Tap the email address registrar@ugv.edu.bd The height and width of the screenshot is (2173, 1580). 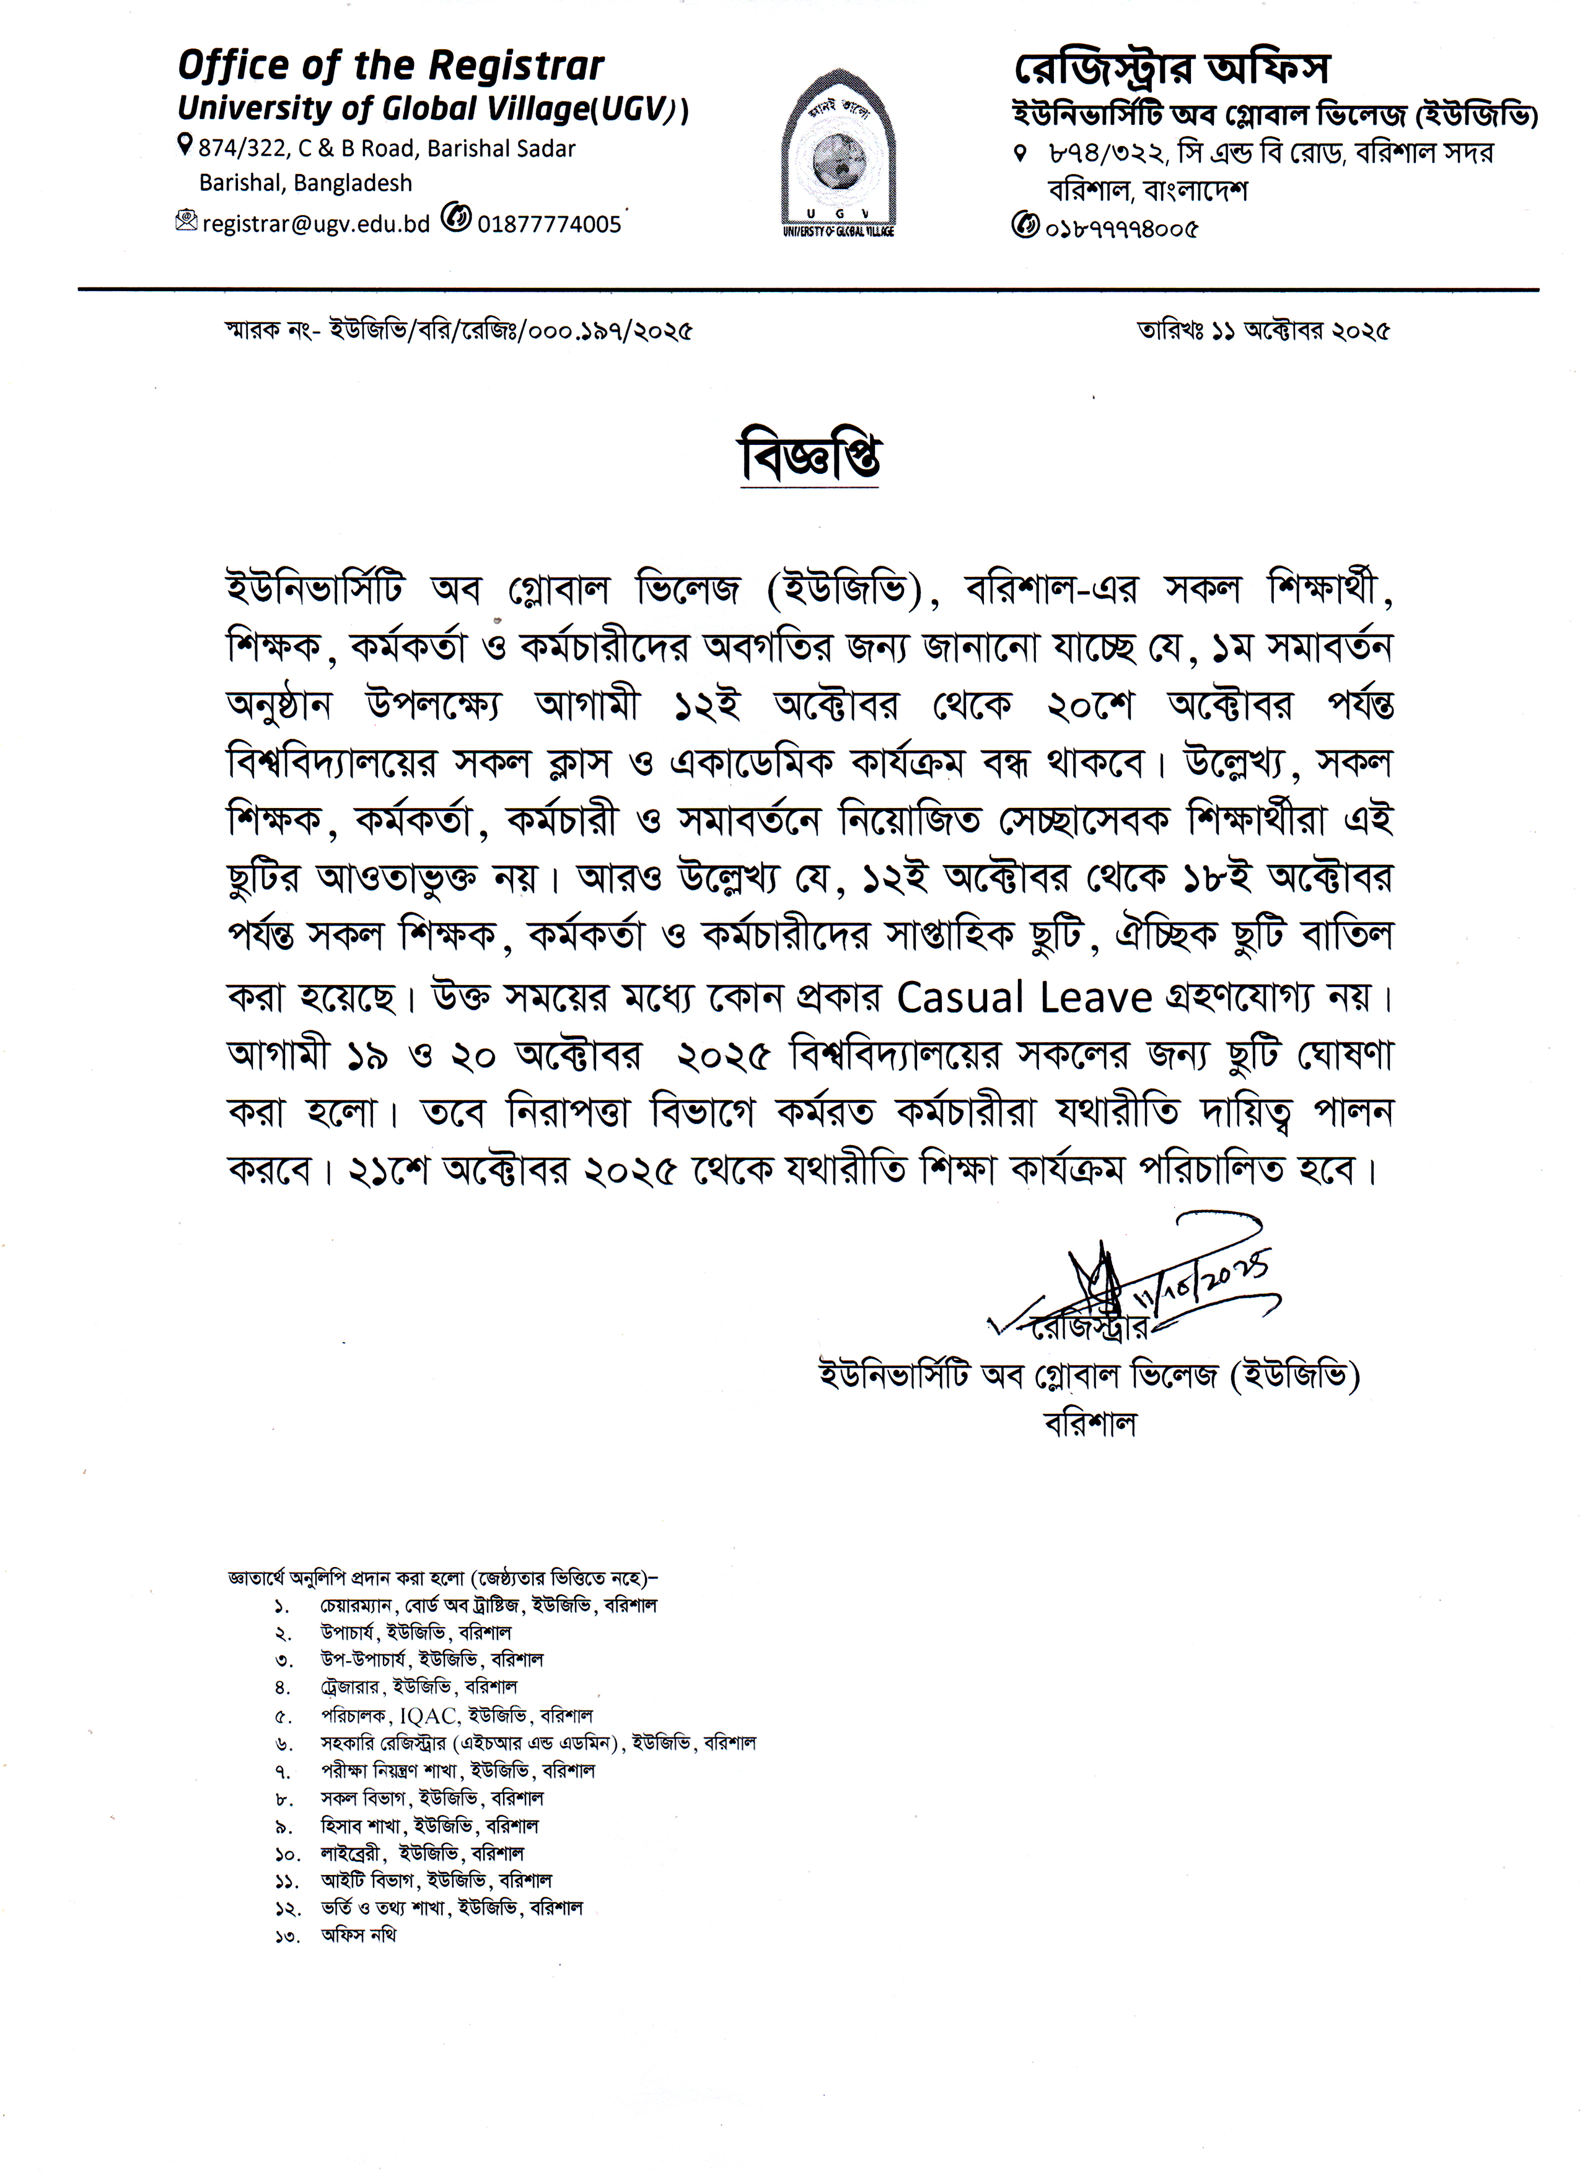pyautogui.click(x=316, y=224)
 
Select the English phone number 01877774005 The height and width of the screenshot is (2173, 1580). pyautogui.click(x=549, y=224)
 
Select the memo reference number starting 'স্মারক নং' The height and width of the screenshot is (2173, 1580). pyautogui.click(x=458, y=331)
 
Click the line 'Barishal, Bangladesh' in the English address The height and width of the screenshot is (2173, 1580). pyautogui.click(x=305, y=183)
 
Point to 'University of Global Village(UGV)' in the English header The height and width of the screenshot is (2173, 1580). pyautogui.click(x=432, y=109)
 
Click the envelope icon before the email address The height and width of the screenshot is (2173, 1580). pyautogui.click(x=186, y=222)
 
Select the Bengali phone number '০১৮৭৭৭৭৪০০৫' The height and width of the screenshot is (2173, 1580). pyautogui.click(x=1121, y=230)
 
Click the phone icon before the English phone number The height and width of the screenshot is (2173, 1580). pyautogui.click(x=455, y=221)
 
